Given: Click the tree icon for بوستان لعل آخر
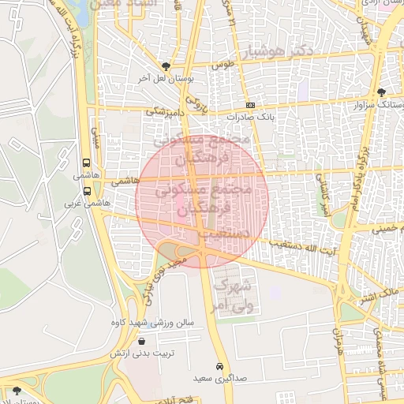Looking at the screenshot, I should click(164, 66).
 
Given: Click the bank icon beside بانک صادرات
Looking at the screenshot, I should click(250, 105).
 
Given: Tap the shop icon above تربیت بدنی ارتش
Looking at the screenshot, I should click(140, 342).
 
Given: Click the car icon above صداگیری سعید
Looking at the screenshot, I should click(219, 367).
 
